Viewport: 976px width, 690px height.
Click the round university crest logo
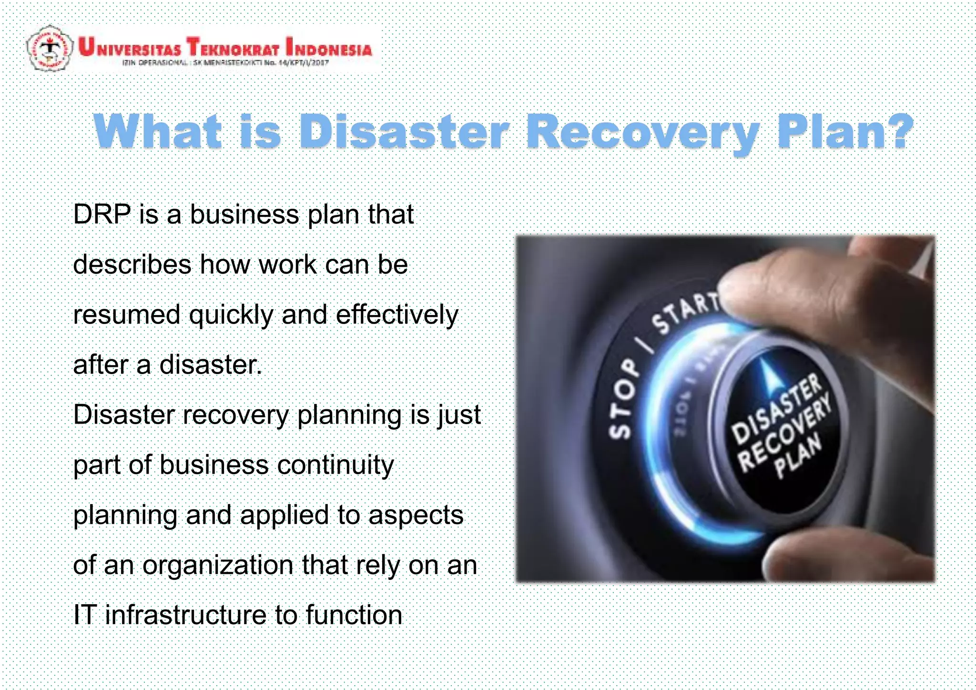coord(50,48)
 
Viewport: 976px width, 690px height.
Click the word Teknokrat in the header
coord(233,48)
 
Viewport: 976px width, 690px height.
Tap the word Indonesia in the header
coord(329,48)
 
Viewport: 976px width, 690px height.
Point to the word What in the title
coord(158,131)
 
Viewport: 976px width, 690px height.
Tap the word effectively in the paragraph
coord(396,315)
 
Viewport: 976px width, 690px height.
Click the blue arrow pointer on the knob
coord(768,377)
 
